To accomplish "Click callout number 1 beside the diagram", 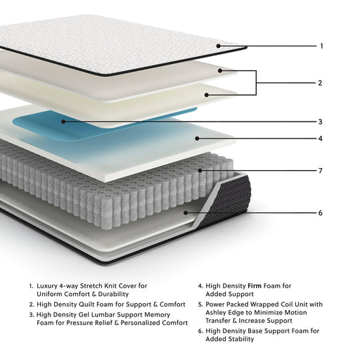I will (321, 46).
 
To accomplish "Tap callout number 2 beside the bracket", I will (320, 83).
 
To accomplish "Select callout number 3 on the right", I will (320, 121).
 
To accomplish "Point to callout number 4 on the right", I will (320, 139).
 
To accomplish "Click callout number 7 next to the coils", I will (320, 170).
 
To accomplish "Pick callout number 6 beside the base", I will (320, 212).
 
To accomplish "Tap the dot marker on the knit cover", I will (219, 46).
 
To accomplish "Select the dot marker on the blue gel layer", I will (63, 121).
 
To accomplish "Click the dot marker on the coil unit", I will (200, 170).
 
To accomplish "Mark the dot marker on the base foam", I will (185, 212).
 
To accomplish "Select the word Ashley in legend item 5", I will (220, 313).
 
